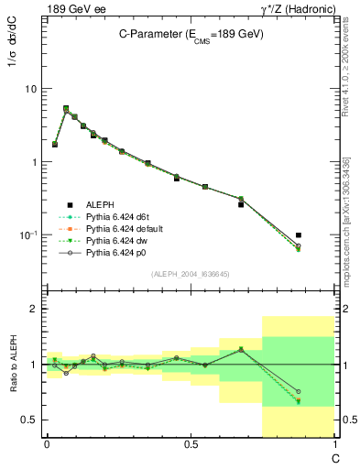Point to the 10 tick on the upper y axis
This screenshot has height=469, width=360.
[32, 89]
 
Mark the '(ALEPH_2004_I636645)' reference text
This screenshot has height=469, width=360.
[190, 274]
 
